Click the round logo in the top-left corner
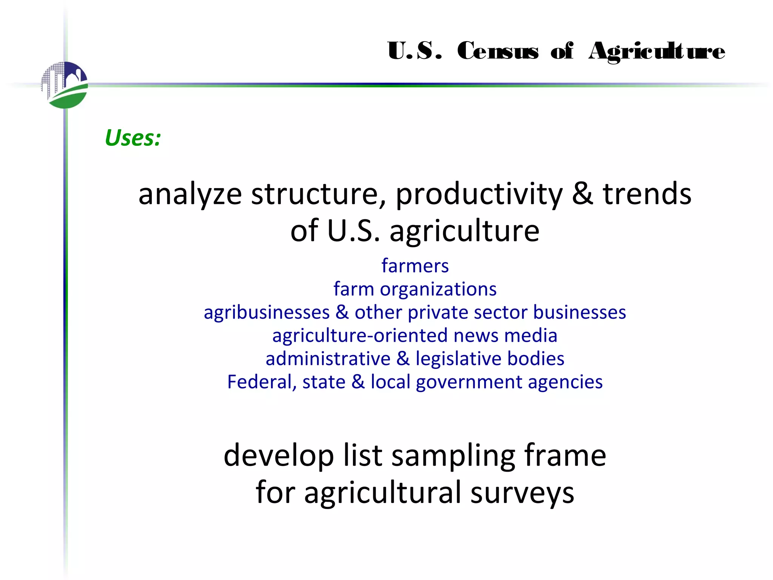pyautogui.click(x=65, y=85)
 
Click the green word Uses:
pyautogui.click(x=133, y=138)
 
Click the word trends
pyautogui.click(x=647, y=194)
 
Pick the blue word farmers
pyautogui.click(x=415, y=266)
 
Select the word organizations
pyautogui.click(x=438, y=289)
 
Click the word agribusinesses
pyautogui.click(x=267, y=313)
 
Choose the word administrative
pyautogui.click(x=328, y=359)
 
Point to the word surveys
pyautogui.click(x=522, y=493)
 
